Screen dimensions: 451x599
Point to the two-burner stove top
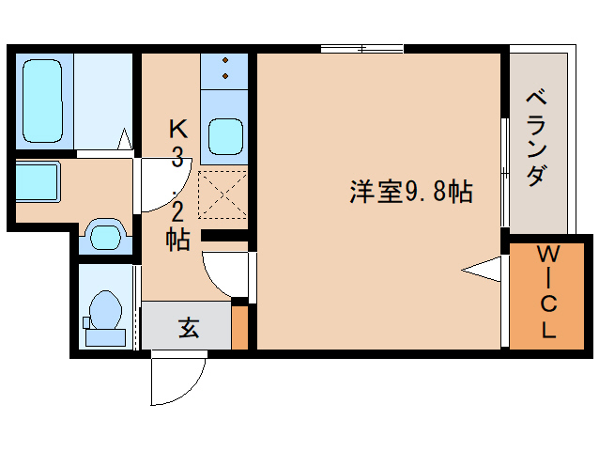pos(225,70)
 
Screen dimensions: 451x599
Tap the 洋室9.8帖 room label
pos(410,192)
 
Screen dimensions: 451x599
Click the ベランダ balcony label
pos(537,137)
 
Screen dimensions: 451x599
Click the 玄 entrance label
pos(188,329)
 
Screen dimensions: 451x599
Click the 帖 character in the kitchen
pos(177,239)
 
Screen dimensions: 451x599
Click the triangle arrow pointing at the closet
pos(484,270)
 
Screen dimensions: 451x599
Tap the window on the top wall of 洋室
pos(361,48)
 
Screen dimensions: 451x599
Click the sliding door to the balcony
pos(504,174)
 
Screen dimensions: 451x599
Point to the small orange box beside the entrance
pos(239,327)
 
